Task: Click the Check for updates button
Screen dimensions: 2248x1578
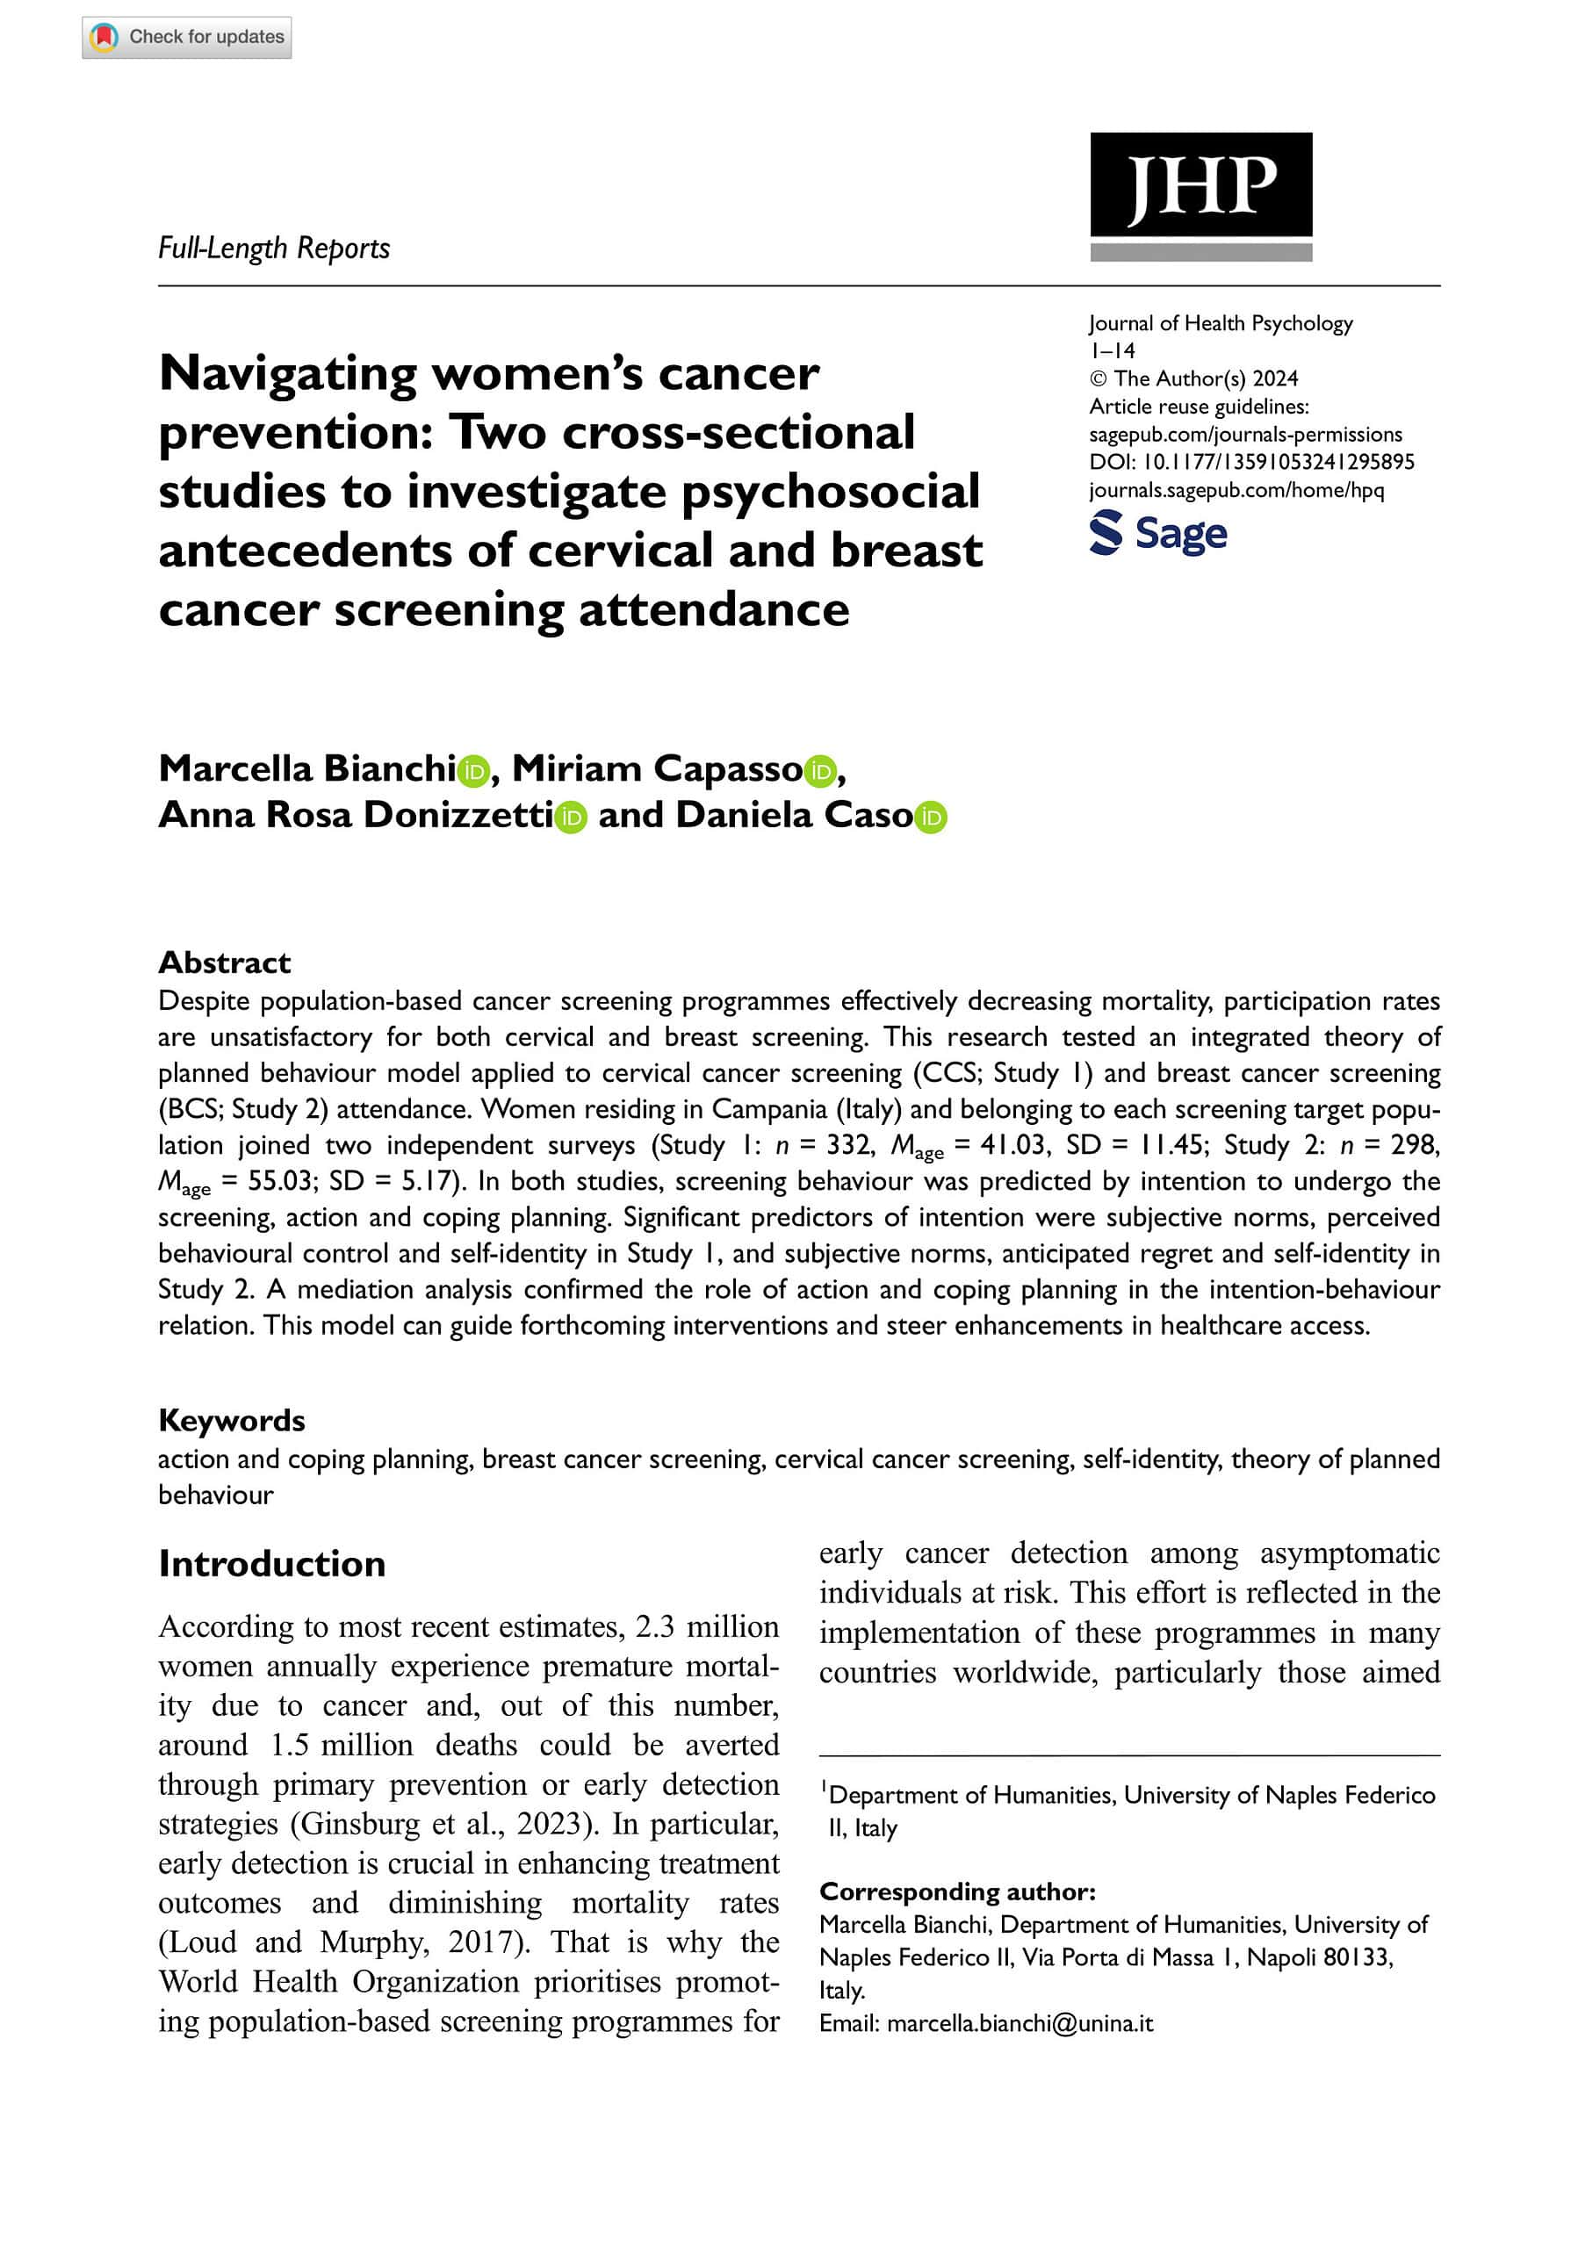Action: point(187,37)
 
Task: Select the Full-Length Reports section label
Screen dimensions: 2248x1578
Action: point(274,249)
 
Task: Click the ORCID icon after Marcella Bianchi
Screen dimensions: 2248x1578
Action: point(474,772)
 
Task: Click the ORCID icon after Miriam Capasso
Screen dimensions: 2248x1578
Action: point(820,772)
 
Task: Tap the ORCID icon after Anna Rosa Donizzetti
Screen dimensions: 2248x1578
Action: point(571,818)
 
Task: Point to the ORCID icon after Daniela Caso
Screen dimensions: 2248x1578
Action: point(931,818)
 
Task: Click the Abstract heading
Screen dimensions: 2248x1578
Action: point(224,962)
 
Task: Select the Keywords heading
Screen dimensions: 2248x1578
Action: point(231,1421)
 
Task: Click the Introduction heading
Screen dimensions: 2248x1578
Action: point(272,1564)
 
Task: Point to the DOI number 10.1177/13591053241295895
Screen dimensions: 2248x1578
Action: point(1279,462)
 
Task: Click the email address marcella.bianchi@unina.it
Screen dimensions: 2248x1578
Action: point(1020,2024)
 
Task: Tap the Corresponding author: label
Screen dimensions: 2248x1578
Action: point(957,1891)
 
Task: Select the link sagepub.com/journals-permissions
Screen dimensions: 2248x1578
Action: point(1245,435)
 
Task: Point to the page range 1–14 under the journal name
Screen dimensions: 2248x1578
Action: point(1112,350)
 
